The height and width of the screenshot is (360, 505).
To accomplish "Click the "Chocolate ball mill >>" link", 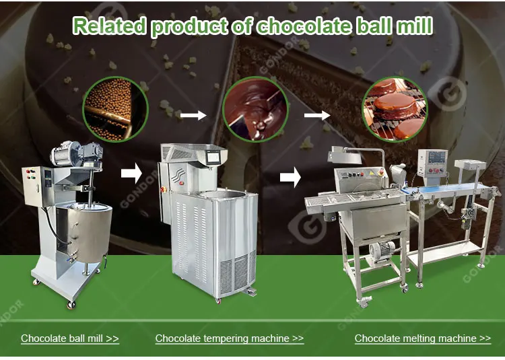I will point(70,338).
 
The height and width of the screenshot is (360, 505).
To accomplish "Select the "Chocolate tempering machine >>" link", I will point(229,338).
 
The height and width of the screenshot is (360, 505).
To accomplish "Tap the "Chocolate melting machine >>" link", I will point(422,338).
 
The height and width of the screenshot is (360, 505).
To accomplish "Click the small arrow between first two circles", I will point(193,116).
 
